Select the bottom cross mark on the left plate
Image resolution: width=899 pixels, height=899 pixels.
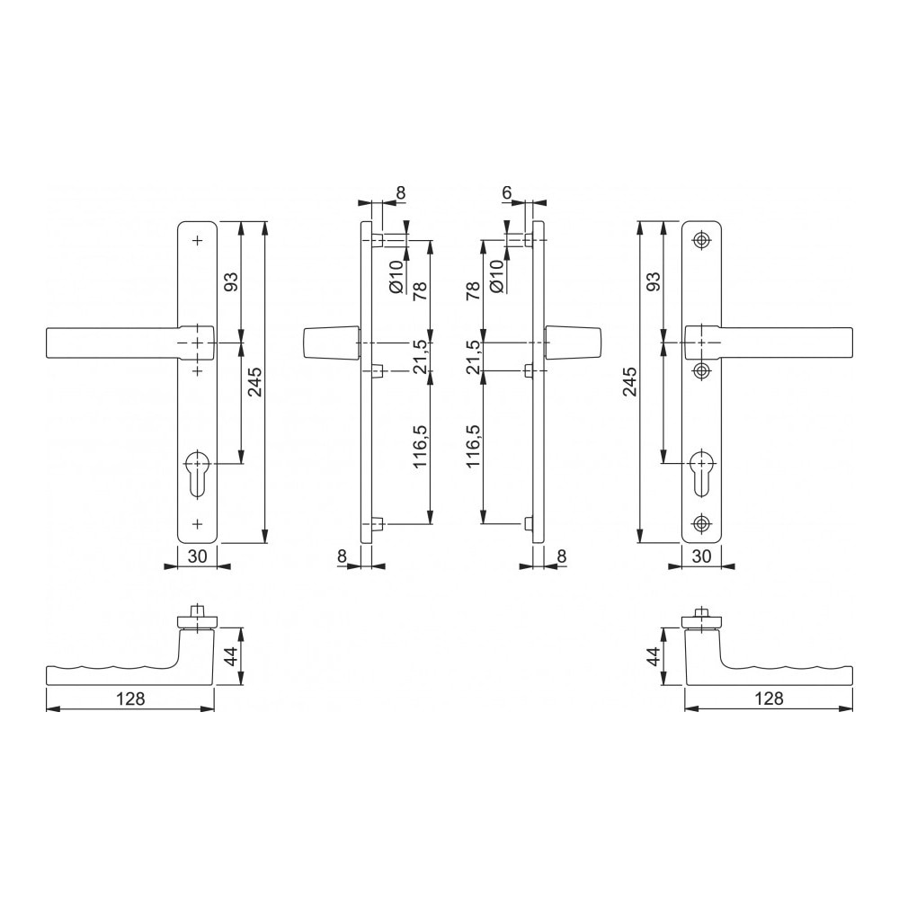(197, 522)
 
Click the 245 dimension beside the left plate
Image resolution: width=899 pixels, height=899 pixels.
(254, 382)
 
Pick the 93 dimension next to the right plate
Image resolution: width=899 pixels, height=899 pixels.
(654, 281)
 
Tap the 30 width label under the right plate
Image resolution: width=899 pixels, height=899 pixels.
(702, 556)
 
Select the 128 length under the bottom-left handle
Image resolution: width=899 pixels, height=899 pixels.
(130, 698)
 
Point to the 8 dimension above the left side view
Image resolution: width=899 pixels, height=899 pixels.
(400, 192)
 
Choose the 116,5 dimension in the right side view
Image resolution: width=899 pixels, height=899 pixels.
(475, 449)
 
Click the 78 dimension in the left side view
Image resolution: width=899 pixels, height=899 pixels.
(419, 292)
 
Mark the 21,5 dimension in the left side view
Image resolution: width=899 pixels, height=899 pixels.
(419, 358)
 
